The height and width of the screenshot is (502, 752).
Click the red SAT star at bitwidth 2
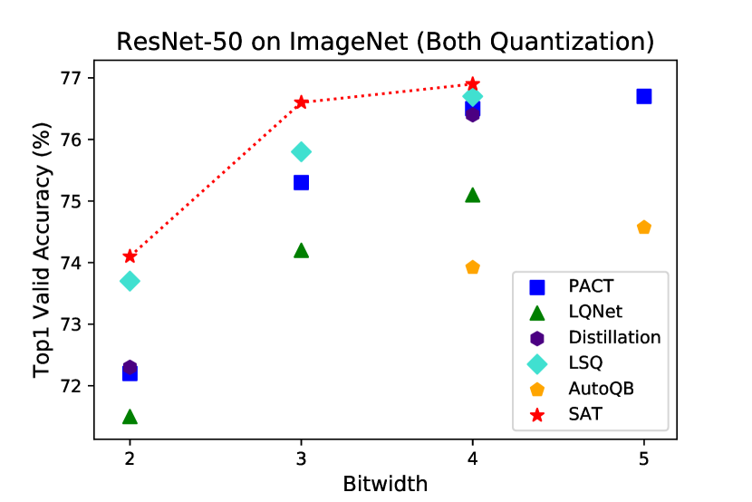(130, 256)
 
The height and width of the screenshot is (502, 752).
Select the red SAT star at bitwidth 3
(301, 101)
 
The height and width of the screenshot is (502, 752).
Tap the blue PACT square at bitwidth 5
(643, 96)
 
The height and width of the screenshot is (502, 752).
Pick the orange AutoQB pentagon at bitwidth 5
(643, 227)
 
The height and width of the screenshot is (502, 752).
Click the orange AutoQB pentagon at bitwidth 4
(472, 267)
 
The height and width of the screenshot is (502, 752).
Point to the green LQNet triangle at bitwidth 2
(130, 416)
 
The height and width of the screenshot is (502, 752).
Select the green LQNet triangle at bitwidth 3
(301, 250)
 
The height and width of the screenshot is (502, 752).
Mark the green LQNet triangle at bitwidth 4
(472, 195)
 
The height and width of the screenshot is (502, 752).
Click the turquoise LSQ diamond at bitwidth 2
(130, 281)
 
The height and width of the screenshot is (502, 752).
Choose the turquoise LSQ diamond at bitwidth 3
(301, 151)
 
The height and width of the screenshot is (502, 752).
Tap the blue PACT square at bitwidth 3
(301, 182)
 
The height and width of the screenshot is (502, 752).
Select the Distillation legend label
(614, 338)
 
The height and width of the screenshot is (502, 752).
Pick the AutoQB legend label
(601, 389)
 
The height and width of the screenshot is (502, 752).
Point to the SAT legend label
(583, 414)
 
